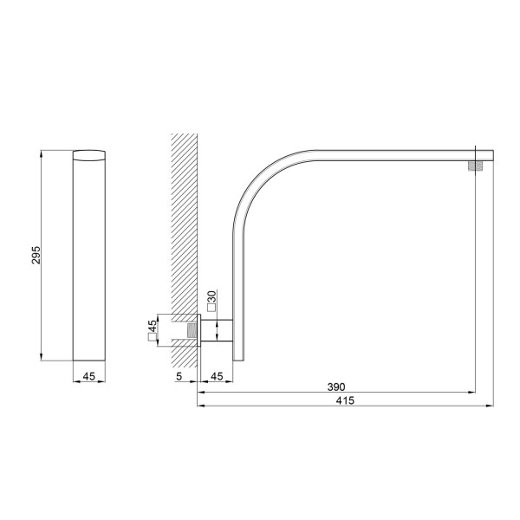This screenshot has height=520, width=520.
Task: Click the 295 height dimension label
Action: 36,255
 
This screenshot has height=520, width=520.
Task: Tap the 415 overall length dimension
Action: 345,400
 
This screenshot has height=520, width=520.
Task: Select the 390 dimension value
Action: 336,387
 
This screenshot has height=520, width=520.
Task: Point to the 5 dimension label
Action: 179,376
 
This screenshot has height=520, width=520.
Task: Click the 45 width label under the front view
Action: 88,376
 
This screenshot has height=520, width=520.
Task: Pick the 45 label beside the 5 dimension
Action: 217,376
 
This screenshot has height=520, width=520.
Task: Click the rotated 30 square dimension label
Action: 211,296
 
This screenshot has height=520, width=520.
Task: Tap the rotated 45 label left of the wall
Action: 152,325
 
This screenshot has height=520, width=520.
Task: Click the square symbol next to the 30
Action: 211,308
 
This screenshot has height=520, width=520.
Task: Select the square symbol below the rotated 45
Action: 152,337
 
